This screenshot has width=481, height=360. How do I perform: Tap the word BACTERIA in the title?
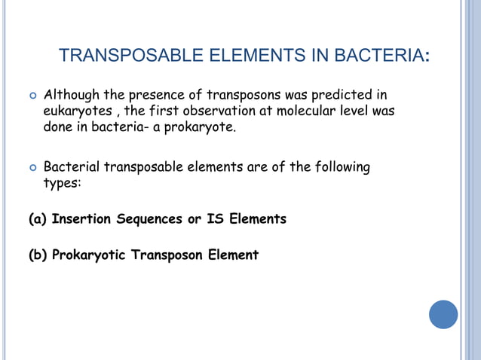click(375, 56)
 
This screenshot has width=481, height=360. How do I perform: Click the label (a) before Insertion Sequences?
click(38, 219)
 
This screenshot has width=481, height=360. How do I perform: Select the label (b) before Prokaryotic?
click(38, 255)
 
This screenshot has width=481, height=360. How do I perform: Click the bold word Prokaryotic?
click(90, 255)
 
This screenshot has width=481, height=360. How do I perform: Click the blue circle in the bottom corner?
click(443, 314)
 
